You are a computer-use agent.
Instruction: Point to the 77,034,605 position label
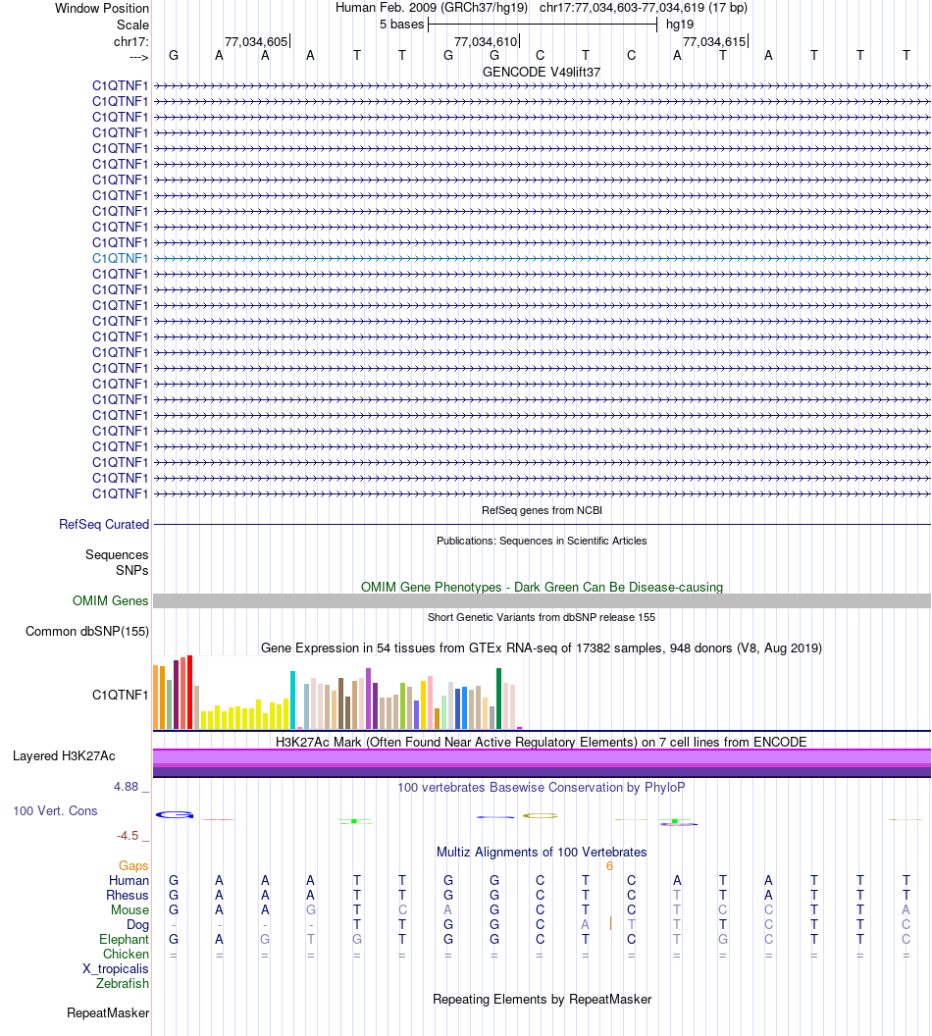point(256,41)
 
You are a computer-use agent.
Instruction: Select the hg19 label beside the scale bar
point(680,24)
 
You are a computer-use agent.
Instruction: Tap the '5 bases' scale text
point(401,24)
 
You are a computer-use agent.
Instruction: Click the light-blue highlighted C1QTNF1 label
point(121,258)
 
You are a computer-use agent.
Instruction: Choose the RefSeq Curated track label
point(104,525)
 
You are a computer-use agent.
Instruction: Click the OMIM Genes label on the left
point(111,600)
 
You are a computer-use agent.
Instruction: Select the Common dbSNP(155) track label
point(87,631)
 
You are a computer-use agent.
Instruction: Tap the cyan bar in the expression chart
point(293,699)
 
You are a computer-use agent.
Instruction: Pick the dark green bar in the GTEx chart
point(498,698)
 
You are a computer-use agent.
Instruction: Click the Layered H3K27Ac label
point(64,755)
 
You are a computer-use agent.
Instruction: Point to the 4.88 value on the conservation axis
point(130,787)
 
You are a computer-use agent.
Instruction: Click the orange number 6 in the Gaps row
point(609,865)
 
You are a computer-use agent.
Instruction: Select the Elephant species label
point(123,939)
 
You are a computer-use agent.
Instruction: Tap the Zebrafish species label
point(123,983)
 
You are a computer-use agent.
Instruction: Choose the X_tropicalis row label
point(116,968)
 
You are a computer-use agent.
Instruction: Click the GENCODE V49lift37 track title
point(542,72)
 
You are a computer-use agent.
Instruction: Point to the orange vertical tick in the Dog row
point(610,923)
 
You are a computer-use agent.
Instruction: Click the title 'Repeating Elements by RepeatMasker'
point(542,999)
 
